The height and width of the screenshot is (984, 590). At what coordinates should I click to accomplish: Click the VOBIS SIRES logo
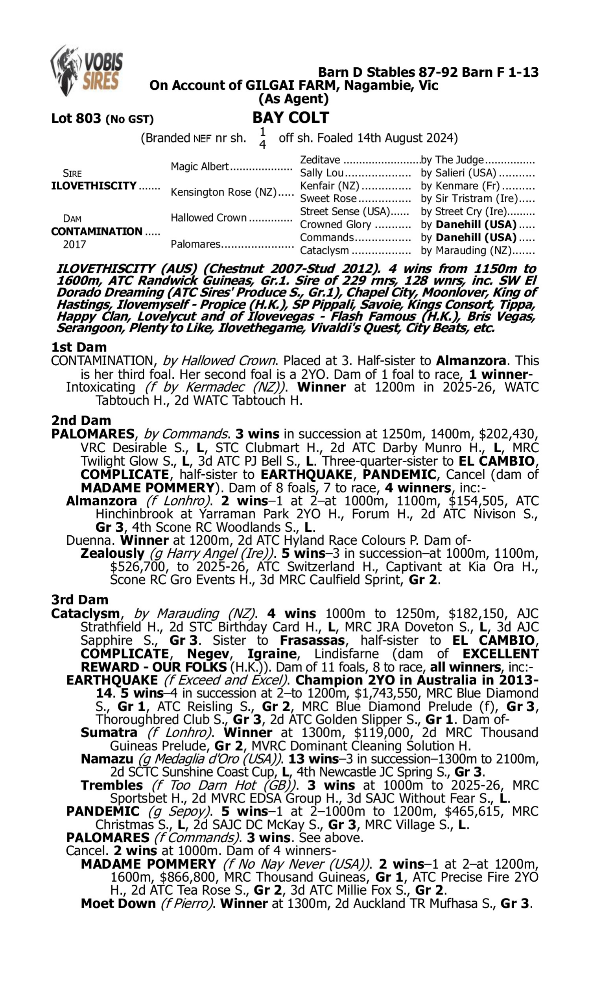pyautogui.click(x=87, y=71)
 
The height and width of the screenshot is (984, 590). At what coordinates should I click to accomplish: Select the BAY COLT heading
pyautogui.click(x=291, y=118)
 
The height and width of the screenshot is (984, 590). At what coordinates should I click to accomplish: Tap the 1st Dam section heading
pyautogui.click(x=79, y=347)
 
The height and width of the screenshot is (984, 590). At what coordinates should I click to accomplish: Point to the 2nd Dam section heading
pyautogui.click(x=81, y=420)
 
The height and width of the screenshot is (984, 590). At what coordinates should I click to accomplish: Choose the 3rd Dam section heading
pyautogui.click(x=79, y=600)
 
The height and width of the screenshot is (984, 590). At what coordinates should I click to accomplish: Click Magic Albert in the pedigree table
pyautogui.click(x=199, y=166)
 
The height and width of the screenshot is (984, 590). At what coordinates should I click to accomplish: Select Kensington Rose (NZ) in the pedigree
pyautogui.click(x=223, y=192)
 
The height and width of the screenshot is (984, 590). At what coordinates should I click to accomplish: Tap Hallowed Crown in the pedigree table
pyautogui.click(x=209, y=218)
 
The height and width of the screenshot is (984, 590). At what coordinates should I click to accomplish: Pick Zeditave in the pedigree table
pyautogui.click(x=320, y=160)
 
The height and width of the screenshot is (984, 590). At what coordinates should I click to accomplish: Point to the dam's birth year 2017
pyautogui.click(x=74, y=244)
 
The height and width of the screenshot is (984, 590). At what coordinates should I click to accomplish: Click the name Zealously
pyautogui.click(x=112, y=553)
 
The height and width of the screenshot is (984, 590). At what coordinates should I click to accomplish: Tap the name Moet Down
pyautogui.click(x=118, y=903)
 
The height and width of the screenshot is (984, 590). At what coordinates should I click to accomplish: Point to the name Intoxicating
pyautogui.click(x=101, y=387)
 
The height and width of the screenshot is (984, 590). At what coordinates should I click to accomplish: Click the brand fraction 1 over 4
pyautogui.click(x=262, y=138)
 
